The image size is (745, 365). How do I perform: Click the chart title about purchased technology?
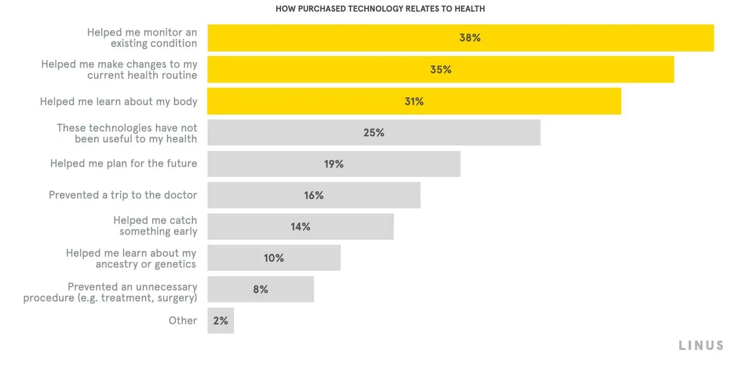[380, 9]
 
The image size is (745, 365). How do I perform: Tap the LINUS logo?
[701, 345]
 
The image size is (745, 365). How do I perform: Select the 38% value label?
[470, 38]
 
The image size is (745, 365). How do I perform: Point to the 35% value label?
[441, 69]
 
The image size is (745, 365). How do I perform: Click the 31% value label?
[414, 101]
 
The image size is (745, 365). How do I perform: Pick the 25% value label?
[374, 133]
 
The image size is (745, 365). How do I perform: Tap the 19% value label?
[334, 164]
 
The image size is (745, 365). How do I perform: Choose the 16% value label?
[314, 195]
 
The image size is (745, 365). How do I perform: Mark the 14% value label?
[300, 227]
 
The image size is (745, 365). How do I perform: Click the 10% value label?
[274, 258]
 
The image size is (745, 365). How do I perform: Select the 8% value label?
[260, 289]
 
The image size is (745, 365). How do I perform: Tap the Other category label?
[183, 320]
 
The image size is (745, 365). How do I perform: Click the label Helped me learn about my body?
[118, 102]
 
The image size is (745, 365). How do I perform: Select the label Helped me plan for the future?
[123, 164]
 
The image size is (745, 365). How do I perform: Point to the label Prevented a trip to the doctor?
[123, 195]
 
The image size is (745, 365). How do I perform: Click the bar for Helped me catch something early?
[349, 227]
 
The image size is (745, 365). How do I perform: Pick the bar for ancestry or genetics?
[310, 258]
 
